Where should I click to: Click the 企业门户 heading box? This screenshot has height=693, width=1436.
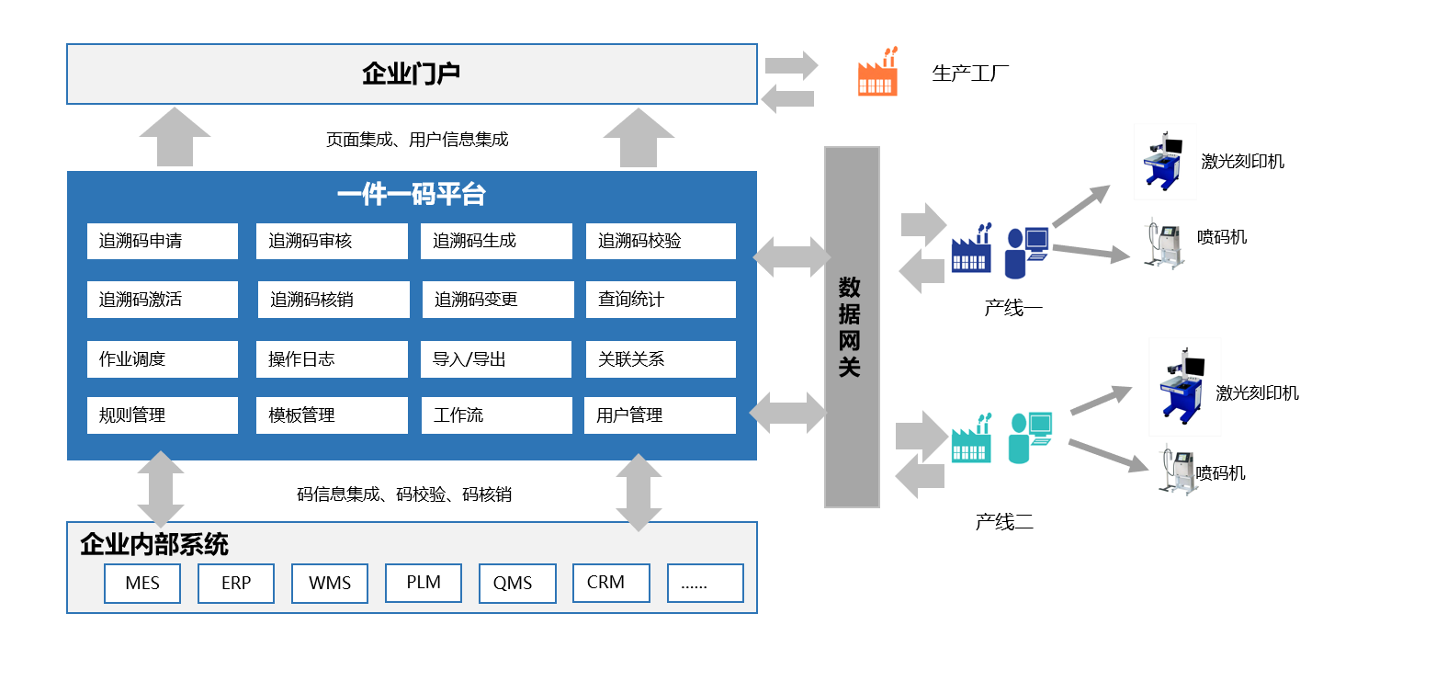pos(412,74)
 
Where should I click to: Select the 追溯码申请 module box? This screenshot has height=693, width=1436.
pos(163,242)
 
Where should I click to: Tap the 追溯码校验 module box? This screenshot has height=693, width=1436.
pos(661,242)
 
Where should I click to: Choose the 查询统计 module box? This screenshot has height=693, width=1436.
pos(661,300)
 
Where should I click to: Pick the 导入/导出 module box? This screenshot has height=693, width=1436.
pos(496,359)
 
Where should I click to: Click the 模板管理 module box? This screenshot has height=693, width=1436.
pos(332,415)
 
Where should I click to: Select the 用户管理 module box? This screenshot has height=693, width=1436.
pos(661,415)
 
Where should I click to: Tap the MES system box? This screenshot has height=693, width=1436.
pos(142,584)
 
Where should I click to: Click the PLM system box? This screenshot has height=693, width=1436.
pos(424,583)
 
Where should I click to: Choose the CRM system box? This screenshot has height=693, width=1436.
pos(611,583)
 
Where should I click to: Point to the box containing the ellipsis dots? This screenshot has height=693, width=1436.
pos(706,583)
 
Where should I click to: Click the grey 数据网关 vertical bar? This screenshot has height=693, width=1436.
pos(852,327)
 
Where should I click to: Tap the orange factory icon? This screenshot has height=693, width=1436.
pos(877,73)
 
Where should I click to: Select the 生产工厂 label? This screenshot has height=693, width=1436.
pos(970,74)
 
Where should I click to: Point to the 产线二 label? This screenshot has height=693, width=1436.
pos(1004,523)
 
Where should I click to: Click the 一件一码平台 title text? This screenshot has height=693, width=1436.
pos(412,195)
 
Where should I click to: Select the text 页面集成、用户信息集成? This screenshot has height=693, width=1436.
pos(417,140)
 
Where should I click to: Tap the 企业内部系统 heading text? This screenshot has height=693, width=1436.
pos(154,545)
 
